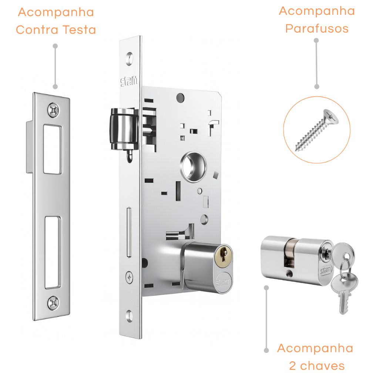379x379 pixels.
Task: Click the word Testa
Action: coord(79,30)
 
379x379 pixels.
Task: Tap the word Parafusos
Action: coord(317,28)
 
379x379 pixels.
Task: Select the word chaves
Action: coord(322,366)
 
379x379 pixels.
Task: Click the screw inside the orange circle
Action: coord(317,130)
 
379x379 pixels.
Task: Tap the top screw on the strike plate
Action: coord(53,110)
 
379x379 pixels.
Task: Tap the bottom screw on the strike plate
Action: coord(53,303)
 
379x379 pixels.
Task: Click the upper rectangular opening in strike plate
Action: coord(53,149)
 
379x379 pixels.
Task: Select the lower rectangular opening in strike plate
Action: coord(53,252)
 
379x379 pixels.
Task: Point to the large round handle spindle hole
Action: coord(193,167)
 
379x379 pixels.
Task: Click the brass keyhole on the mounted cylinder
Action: coord(223,256)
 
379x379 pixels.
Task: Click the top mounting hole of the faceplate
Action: coord(130,59)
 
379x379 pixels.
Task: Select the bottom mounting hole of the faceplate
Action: coord(130,316)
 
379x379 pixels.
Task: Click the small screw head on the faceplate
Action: coord(130,277)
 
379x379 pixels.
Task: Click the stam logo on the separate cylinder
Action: coord(326,270)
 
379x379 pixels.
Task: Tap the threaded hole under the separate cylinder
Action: coord(289,274)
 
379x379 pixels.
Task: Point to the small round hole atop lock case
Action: coord(180,98)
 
